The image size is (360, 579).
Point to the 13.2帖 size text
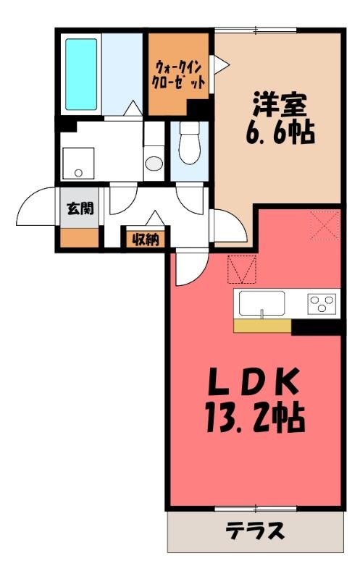[x=255, y=418]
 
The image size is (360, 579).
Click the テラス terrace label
[x=256, y=531]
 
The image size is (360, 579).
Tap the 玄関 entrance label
[x=80, y=208]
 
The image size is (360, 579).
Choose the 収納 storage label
[x=146, y=240]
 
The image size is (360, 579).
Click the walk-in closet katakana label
[x=179, y=75]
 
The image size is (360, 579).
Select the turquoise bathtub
[x=81, y=75]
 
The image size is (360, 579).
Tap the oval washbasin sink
[x=154, y=164]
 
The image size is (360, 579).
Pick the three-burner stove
[x=322, y=303]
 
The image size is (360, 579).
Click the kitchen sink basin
[x=261, y=303]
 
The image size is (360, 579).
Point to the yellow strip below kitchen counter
[x=263, y=325]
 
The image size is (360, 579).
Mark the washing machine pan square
[x=78, y=164]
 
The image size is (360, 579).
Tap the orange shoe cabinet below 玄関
[x=80, y=238]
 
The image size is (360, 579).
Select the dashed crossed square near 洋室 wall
[x=325, y=224]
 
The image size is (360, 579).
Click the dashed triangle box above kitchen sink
[x=242, y=269]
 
